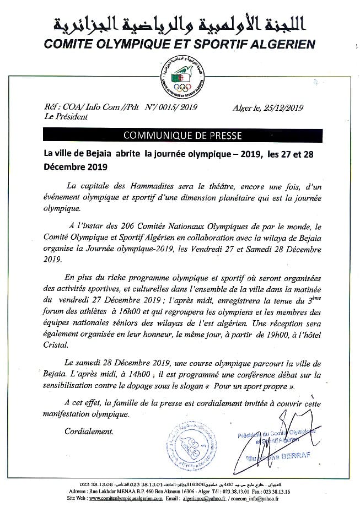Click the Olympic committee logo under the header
point(180,77)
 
